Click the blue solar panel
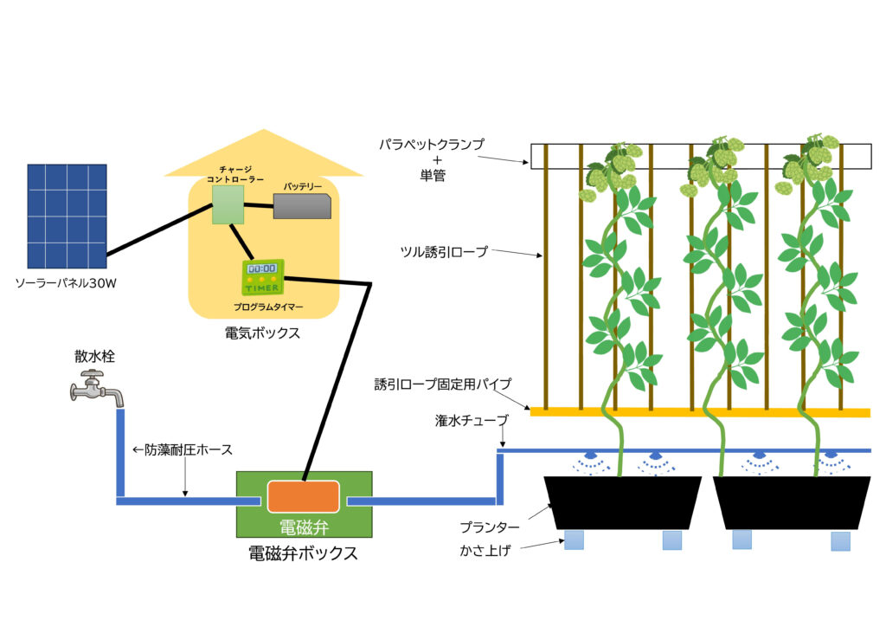[x=67, y=215]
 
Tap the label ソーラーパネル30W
[x=66, y=283]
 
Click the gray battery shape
[x=302, y=206]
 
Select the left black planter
[x=622, y=501]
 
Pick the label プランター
[x=491, y=527]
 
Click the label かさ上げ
[x=491, y=549]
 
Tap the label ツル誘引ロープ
[x=444, y=252]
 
